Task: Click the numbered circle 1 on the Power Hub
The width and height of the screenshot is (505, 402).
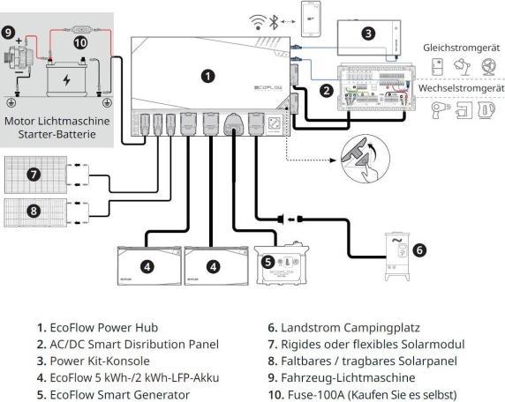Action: click(x=207, y=77)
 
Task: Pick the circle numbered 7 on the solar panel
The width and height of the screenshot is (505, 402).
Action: click(x=34, y=175)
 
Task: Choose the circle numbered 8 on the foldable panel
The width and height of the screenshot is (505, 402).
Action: click(x=34, y=212)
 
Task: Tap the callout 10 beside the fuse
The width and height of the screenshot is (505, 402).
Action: click(x=80, y=41)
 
